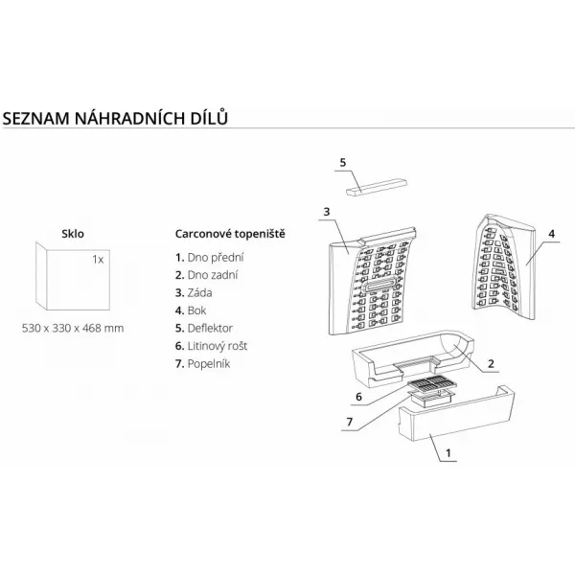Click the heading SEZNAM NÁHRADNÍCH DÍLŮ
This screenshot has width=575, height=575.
point(115,118)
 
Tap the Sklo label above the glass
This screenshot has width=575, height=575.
point(73,234)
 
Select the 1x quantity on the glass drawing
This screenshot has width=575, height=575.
point(98,260)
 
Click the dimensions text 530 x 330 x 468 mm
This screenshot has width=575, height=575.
point(73,328)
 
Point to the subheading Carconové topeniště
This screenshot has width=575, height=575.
point(230,234)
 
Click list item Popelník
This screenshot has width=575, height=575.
point(203,364)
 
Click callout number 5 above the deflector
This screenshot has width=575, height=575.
point(343,163)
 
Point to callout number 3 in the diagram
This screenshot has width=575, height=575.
point(327,212)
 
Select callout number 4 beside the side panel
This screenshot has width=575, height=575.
point(552,234)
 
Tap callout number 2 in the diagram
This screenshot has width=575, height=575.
point(491,364)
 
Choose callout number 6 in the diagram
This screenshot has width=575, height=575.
point(358,397)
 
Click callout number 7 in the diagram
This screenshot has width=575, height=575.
point(350,422)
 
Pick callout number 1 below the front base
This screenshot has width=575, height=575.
point(448,453)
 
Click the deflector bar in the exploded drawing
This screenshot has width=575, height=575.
point(377,188)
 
